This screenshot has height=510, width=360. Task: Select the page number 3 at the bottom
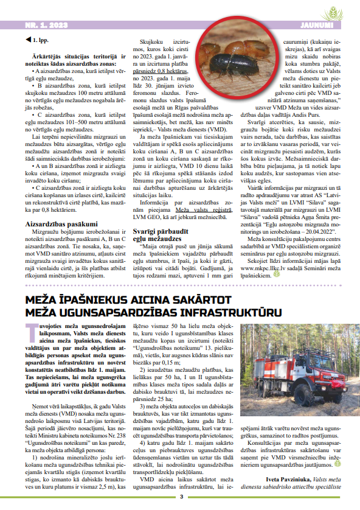pos(181,497)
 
